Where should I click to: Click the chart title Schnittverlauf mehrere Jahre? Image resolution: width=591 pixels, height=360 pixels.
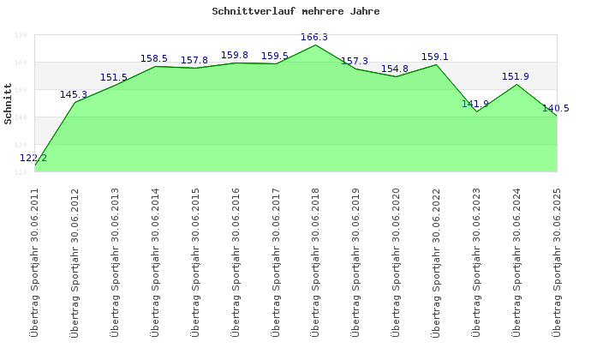point(295,12)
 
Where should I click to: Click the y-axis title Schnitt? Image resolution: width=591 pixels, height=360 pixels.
point(9,104)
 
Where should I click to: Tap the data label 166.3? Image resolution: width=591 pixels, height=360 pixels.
point(314,37)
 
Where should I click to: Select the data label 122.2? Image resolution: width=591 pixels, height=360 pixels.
point(33,158)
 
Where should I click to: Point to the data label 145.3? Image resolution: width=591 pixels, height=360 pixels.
point(74,94)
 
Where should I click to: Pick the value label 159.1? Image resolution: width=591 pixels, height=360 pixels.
point(434,57)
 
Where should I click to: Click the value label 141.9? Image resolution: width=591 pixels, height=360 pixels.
point(475,104)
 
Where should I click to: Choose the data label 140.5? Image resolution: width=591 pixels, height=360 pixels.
point(555,108)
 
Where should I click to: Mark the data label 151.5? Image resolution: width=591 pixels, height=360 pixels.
point(113,77)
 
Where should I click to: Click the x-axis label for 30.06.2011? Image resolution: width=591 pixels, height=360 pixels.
point(35,261)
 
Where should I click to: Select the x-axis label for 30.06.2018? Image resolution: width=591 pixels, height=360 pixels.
point(315,261)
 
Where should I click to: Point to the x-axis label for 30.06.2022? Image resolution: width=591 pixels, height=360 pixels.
point(435,261)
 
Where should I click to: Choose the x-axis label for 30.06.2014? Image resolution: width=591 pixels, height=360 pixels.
point(155,261)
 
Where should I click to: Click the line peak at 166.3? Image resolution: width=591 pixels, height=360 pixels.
point(315,45)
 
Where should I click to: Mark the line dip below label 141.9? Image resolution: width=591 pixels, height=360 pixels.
point(476,111)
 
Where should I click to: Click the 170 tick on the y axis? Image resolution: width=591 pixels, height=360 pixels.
point(21,35)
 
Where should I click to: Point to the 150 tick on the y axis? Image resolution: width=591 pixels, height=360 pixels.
point(21,90)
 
